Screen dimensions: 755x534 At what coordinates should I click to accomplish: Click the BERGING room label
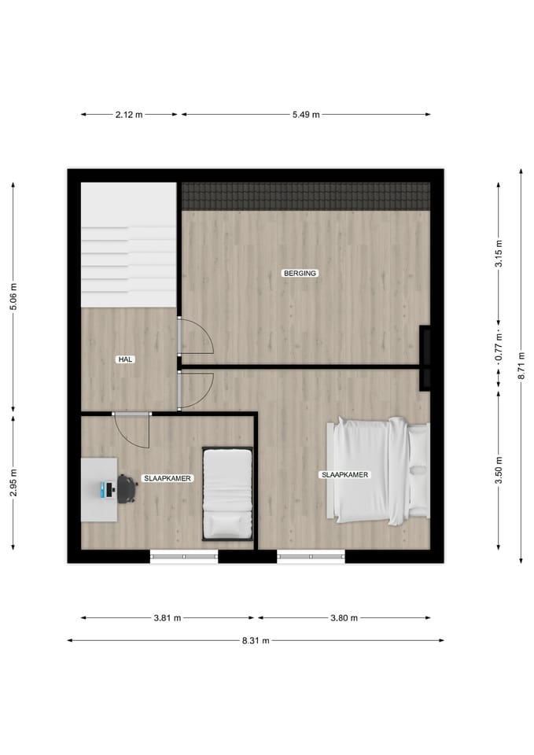coord(299,273)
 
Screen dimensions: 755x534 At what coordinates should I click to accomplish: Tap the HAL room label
coord(124,359)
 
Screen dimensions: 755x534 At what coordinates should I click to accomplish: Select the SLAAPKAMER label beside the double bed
coord(344,475)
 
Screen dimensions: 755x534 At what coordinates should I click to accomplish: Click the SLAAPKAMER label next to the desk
coord(167,478)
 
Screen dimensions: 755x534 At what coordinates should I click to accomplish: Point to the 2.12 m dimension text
coord(129,115)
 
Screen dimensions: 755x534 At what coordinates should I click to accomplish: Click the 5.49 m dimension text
coord(306,115)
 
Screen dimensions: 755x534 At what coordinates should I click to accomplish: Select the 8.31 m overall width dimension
coord(256,640)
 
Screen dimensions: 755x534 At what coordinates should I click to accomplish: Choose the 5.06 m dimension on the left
coord(13,296)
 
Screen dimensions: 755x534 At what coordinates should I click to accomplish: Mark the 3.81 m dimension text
coord(167,618)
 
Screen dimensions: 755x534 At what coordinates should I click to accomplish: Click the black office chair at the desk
coord(126,488)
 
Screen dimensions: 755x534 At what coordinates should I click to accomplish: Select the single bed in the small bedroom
coord(227,494)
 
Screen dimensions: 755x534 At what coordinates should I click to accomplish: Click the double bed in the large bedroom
coord(381,470)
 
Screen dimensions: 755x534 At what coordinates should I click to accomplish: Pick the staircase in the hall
coord(128,245)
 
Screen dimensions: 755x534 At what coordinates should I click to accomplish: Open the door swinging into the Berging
coord(194,336)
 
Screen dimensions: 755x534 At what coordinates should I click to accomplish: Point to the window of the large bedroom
coord(311,557)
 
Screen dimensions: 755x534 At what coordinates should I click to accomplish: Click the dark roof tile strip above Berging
coord(306,197)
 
